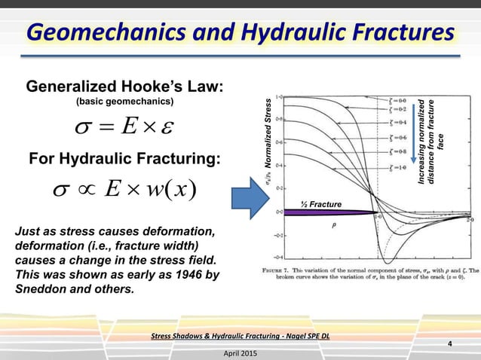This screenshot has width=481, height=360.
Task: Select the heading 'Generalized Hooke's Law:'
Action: (x=124, y=87)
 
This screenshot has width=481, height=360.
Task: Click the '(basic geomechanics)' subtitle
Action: (x=124, y=102)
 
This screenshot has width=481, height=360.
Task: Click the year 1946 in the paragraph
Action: (x=176, y=274)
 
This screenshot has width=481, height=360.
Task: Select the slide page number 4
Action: (x=449, y=345)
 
